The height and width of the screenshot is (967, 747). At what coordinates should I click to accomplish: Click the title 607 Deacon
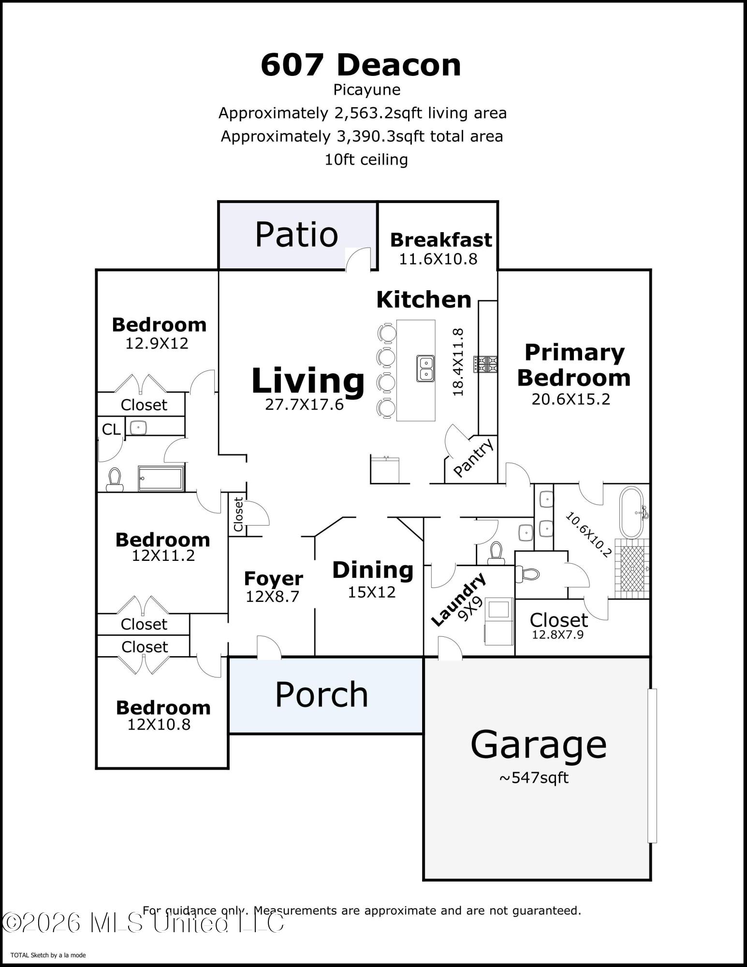coord(361,65)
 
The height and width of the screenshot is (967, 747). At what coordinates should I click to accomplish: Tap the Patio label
coord(296,235)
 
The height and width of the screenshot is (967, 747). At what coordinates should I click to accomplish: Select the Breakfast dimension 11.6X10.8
coord(438,259)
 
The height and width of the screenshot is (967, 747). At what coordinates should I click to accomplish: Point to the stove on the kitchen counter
coord(485,364)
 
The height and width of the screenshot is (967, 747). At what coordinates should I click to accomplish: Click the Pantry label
coord(473,457)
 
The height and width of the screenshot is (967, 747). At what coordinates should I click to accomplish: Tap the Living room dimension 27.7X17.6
coord(304,404)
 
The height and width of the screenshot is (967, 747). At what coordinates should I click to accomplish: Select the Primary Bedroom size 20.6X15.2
coord(571,399)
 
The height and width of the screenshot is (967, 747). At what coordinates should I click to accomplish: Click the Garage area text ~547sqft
coord(534,778)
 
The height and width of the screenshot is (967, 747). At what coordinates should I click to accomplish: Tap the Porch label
coord(322,695)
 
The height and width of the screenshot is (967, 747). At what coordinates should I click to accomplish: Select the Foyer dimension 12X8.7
coord(272,597)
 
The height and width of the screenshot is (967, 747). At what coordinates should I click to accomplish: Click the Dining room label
coord(373,570)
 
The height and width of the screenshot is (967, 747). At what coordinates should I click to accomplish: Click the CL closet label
coord(111,429)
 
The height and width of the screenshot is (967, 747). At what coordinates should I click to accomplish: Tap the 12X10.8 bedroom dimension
coord(159,724)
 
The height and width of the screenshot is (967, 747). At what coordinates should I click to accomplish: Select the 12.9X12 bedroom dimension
coord(157,343)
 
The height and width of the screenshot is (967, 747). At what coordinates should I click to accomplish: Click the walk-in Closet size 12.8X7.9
coord(557,635)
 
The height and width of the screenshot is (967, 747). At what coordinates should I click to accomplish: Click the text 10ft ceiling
coord(366,160)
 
